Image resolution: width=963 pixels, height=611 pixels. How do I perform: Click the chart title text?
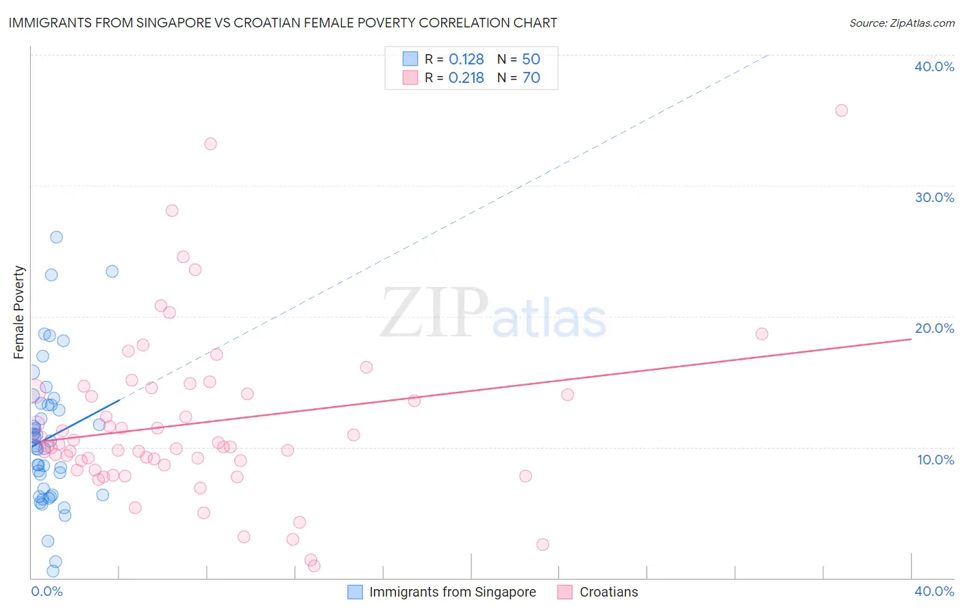coord(283,23)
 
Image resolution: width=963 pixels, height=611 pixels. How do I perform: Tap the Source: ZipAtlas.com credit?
coord(901,23)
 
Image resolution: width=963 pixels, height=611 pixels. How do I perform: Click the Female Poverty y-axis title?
coord(19,312)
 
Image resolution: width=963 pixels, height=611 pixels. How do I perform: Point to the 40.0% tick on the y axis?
coord(934,66)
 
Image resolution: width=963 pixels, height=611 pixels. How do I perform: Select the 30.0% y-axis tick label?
coord(934,197)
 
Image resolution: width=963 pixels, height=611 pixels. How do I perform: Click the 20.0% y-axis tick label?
coord(934,328)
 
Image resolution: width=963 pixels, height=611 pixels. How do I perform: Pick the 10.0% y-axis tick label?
coord(936,460)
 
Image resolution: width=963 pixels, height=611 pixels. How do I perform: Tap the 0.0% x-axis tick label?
coord(47,591)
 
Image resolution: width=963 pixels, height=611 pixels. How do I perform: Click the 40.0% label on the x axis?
coord(934,591)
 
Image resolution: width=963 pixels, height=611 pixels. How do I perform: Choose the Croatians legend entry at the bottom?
coord(608,592)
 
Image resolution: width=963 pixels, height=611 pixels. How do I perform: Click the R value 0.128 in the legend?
coord(466,60)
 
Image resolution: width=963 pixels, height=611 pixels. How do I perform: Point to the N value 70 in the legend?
coord(531,78)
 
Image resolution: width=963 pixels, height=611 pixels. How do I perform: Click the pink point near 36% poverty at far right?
coord(841,110)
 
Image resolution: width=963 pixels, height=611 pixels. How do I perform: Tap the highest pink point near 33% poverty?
coord(210,144)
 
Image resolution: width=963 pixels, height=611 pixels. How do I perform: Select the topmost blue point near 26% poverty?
coord(56,237)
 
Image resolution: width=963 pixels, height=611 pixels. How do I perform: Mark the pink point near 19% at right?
coord(762,334)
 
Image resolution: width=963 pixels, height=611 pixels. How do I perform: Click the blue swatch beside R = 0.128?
coord(410,59)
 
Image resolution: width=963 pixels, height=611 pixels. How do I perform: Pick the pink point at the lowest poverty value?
coord(314,566)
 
